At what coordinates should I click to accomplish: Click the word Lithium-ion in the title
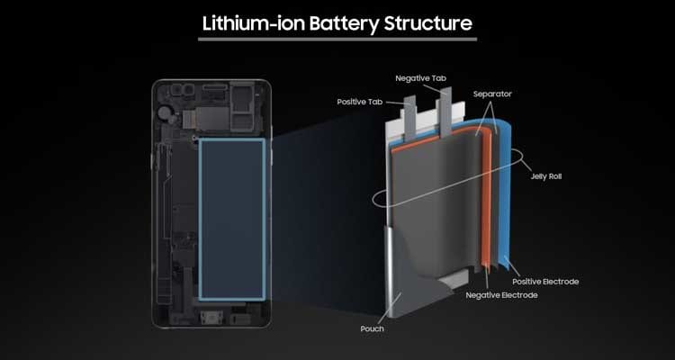coord(255,22)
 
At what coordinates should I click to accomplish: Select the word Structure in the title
coord(428,22)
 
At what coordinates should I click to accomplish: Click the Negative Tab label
coord(422,80)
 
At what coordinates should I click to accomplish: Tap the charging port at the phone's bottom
coord(212,321)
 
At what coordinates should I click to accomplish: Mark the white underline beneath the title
coord(337,40)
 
